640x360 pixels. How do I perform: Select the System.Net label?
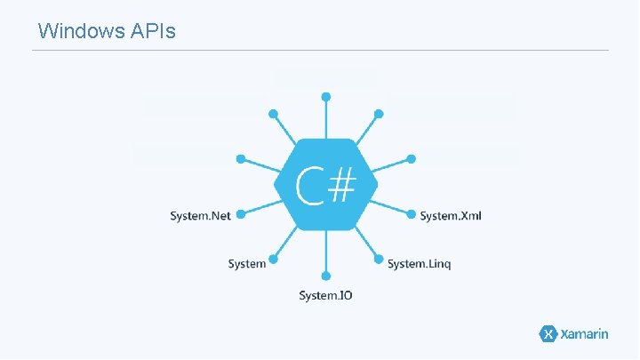tap(199, 215)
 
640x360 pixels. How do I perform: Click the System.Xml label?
tap(451, 215)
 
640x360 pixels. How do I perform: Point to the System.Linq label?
tap(419, 264)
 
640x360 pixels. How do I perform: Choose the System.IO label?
tap(325, 295)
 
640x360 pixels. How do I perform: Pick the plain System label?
tap(246, 264)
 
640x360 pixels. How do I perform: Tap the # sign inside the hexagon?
tap(342, 184)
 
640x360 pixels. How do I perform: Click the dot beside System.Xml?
tap(411, 213)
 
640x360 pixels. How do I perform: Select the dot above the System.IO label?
tap(326, 276)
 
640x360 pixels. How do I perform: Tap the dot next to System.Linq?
tap(378, 261)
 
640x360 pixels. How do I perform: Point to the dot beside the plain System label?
tap(275, 261)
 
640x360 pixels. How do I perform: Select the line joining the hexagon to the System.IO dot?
tap(326, 253)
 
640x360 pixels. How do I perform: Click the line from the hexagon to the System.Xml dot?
tap(391, 207)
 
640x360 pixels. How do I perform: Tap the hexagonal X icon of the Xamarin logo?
tap(548, 334)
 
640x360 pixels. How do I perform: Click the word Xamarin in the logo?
tap(584, 334)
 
